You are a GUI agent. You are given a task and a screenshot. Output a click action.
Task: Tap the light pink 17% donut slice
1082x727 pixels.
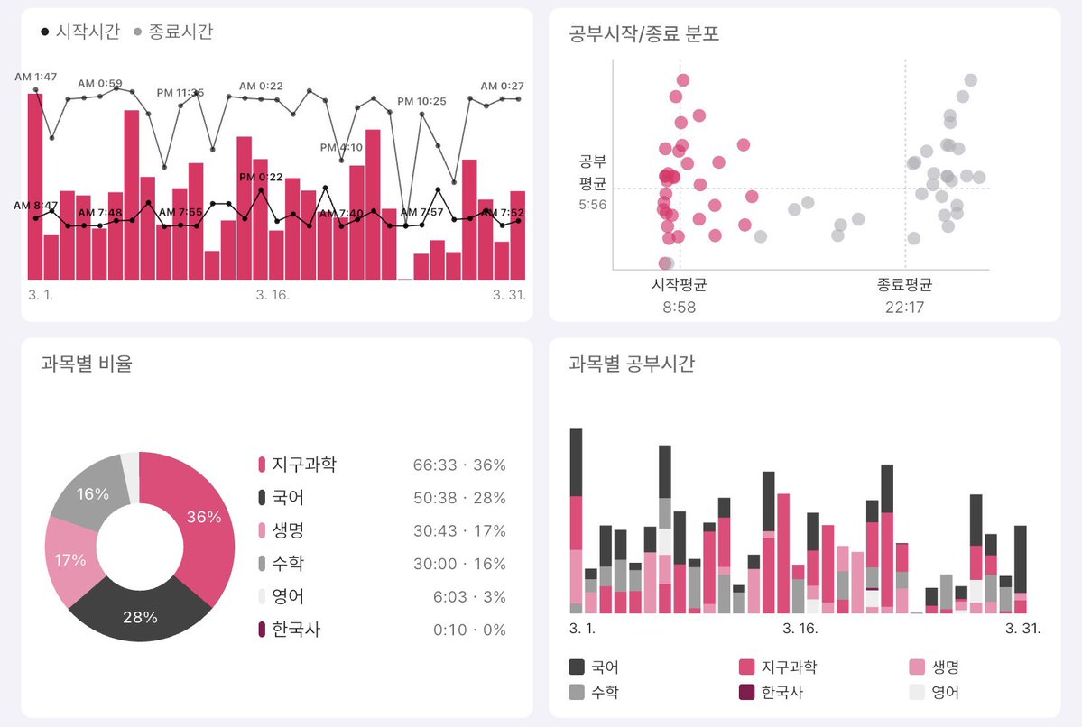point(69,559)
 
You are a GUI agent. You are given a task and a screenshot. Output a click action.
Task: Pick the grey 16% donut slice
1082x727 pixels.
point(92,493)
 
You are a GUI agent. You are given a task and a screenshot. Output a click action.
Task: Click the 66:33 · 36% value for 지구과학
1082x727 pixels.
point(458,465)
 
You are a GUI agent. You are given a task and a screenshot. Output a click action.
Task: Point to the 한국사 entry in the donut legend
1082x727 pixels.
point(296,630)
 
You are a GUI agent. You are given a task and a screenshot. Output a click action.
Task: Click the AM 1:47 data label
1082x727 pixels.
point(36,77)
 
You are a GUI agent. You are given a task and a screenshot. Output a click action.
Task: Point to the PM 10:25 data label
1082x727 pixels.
point(421,101)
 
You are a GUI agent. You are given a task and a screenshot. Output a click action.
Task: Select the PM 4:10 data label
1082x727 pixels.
point(341,147)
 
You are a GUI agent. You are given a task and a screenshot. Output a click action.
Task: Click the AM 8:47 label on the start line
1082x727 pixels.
point(36,206)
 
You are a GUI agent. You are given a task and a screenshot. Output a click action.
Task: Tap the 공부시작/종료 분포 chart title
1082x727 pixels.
point(643,34)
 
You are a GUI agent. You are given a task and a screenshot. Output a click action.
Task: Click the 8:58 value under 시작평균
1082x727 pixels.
point(679,308)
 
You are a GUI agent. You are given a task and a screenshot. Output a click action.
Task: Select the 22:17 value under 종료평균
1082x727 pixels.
point(904,308)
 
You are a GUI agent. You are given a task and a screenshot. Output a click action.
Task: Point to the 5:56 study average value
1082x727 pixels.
point(592,205)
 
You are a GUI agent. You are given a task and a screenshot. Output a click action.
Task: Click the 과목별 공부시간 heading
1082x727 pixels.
point(631,363)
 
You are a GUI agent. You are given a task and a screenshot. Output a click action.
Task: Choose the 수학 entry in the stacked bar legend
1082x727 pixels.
point(598,693)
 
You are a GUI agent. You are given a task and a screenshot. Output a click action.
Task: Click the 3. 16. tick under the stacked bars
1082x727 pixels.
point(800,628)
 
